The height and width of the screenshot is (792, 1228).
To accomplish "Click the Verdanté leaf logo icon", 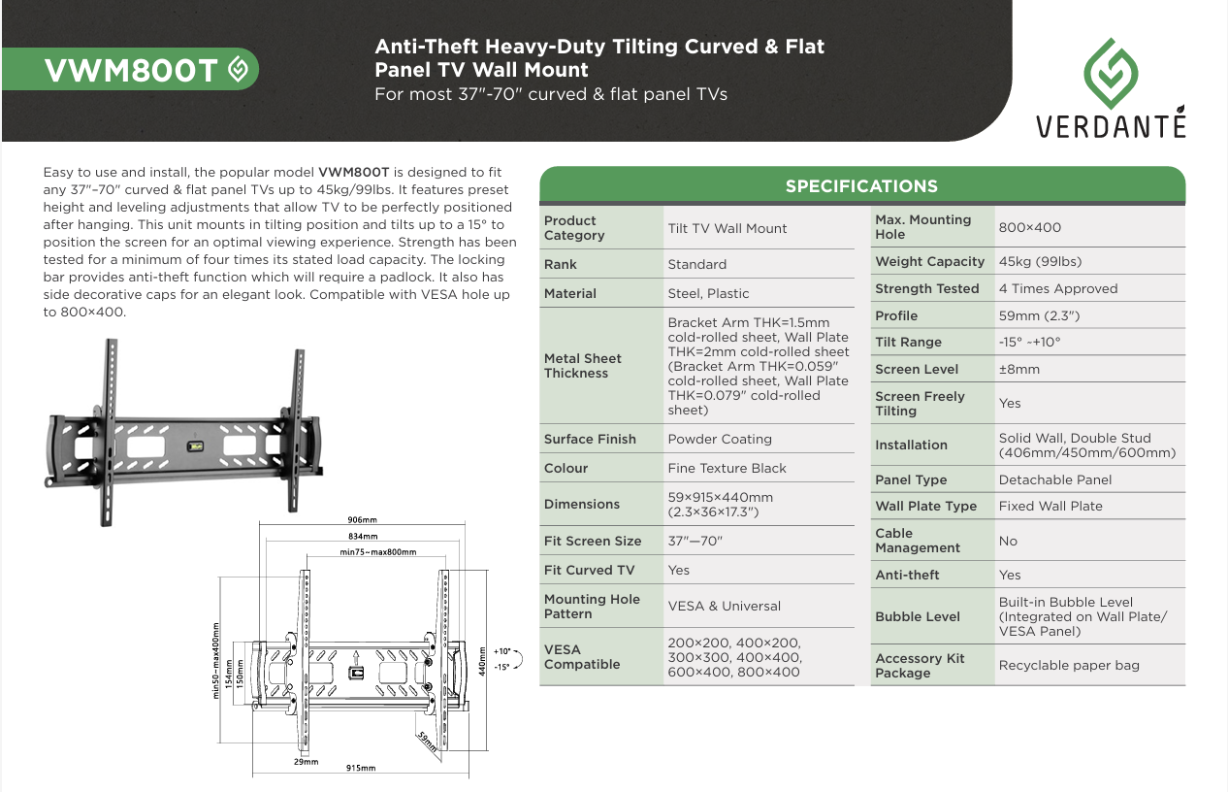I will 1111,73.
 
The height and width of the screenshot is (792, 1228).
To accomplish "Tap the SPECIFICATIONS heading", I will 861,185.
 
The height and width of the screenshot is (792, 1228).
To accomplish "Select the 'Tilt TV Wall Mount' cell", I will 727,228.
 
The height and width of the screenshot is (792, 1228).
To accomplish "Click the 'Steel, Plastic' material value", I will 708,293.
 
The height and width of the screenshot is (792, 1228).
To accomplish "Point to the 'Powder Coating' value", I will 720,439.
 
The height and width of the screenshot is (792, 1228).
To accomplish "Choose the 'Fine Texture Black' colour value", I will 727,468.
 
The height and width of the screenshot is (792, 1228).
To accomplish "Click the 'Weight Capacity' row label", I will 929,261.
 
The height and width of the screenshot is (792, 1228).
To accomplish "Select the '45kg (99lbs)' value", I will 1040,261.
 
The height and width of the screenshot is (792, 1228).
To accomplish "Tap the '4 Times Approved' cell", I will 1058,288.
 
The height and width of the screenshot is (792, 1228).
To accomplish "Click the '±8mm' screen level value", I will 1018,369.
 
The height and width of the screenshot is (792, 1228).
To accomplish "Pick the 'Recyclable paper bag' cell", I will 1069,665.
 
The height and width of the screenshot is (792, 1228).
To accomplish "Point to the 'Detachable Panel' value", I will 1055,479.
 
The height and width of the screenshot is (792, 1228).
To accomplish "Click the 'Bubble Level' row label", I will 918,616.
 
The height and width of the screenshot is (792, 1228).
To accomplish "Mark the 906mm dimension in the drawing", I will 362,519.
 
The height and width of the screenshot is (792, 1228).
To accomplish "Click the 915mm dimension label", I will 361,768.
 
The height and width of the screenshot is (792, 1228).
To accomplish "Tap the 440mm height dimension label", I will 481,662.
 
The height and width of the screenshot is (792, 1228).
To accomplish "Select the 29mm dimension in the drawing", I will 306,762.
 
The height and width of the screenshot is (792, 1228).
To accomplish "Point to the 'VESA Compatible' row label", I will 582,657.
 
